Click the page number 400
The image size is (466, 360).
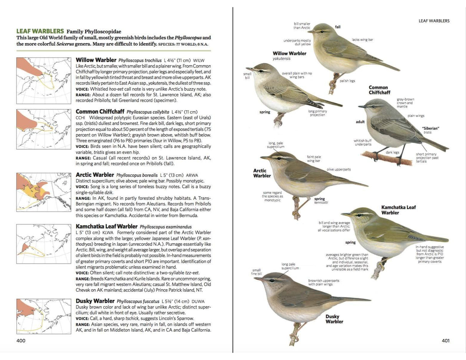click(x=21, y=340)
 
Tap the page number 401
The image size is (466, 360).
click(x=445, y=340)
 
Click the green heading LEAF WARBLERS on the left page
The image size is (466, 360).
click(x=40, y=31)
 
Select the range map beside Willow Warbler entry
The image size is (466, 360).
click(x=43, y=81)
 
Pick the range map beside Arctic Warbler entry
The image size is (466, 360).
click(x=43, y=192)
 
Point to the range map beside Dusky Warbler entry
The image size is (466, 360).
click(x=43, y=316)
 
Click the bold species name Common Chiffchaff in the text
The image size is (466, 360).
click(x=101, y=112)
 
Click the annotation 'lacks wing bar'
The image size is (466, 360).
click(x=362, y=40)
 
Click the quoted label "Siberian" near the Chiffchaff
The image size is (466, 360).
click(x=430, y=128)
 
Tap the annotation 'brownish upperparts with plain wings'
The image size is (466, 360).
click(x=324, y=282)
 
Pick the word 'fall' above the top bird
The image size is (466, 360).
click(x=337, y=27)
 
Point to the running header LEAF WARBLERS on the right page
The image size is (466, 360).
click(x=434, y=21)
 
